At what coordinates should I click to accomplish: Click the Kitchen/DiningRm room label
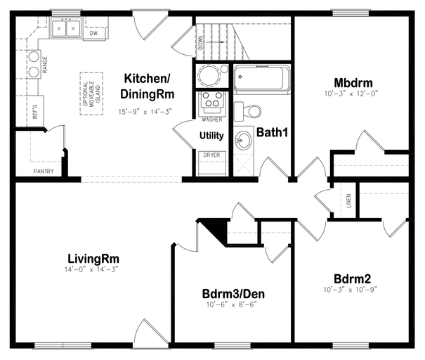coord(148,86)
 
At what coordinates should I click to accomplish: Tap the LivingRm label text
coord(93,259)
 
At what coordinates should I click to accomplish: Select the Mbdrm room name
coord(353,83)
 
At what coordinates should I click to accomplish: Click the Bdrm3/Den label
coord(233,294)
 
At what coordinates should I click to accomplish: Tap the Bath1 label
coord(272,132)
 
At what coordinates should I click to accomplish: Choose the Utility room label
coord(211,136)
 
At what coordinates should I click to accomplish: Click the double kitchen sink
coord(65,28)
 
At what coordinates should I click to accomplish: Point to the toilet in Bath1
coord(247,111)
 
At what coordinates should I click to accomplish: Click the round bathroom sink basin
coord(244,140)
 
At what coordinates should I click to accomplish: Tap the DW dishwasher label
coord(93,33)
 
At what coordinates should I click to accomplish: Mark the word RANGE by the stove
coord(45,65)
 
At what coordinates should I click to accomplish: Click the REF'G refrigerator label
coord(35,111)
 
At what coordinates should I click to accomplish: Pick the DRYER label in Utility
coord(211,155)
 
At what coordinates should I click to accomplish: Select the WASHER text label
coord(212,120)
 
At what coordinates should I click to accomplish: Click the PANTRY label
coord(44,171)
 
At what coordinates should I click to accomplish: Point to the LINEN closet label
coord(348,201)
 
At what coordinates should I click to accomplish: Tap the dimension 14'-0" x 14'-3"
coord(91,269)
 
